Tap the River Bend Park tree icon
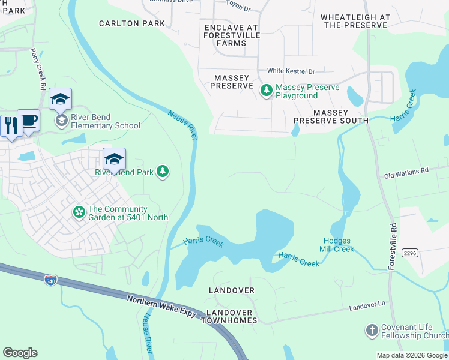point(162,172)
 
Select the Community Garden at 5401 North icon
point(79,212)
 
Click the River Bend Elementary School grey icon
point(61,121)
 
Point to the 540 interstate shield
point(51,280)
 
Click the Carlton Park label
point(132,23)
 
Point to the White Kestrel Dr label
point(291,71)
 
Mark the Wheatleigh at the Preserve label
point(355,22)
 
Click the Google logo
point(20,352)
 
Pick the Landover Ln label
point(367,305)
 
